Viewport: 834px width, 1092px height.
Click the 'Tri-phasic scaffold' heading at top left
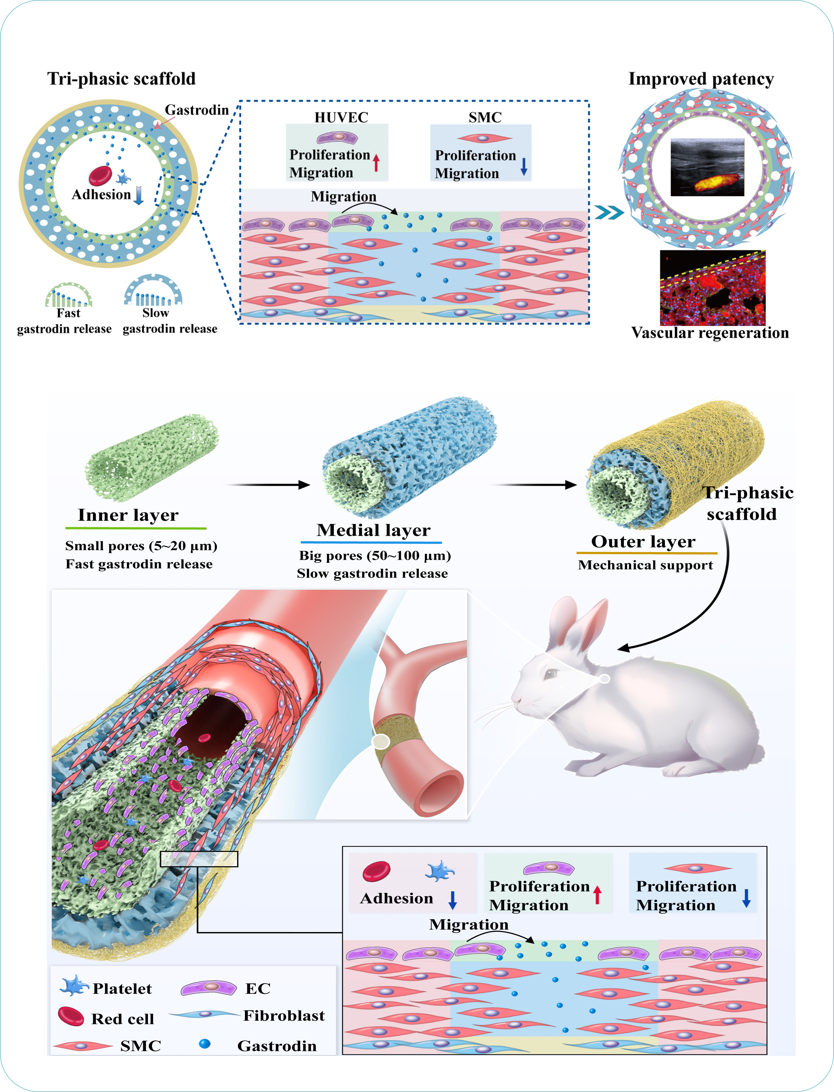(122, 79)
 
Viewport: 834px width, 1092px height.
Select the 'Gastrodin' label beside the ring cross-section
(196, 110)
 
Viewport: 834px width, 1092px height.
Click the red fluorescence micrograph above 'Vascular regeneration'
(712, 288)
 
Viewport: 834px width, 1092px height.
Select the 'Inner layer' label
(128, 515)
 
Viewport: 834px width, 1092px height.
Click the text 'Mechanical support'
(645, 565)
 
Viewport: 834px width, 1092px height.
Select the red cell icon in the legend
(71, 1016)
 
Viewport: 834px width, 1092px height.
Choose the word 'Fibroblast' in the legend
(284, 1016)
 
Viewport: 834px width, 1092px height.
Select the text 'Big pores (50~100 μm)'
(375, 556)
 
